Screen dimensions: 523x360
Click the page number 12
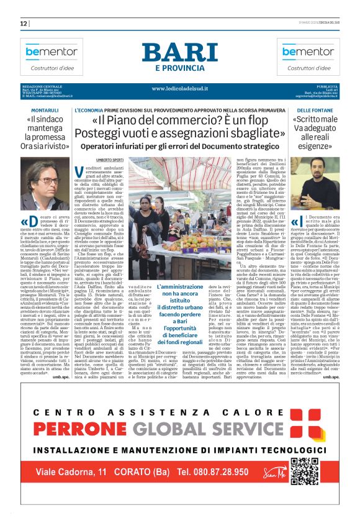pyautogui.click(x=24, y=24)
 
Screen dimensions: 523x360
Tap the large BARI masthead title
pyautogui.click(x=179, y=53)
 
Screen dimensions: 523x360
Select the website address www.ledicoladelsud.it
pyautogui.click(x=179, y=89)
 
